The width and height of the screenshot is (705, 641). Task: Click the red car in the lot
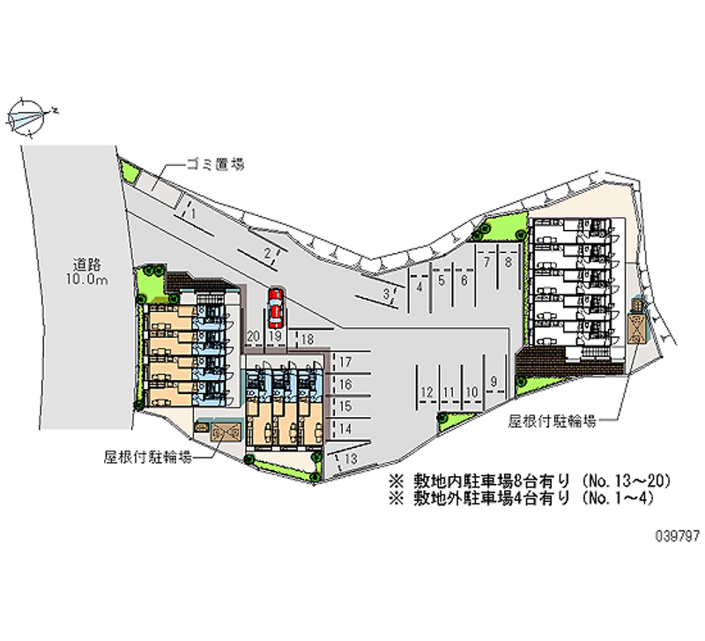tap(275, 306)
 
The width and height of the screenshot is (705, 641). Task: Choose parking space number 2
tap(265, 254)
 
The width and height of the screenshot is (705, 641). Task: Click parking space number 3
tap(386, 294)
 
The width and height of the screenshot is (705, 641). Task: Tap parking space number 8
tap(508, 262)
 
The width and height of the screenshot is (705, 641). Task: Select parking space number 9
tap(495, 381)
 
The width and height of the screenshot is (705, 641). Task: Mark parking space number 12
tap(427, 391)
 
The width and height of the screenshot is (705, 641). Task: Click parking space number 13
tap(351, 458)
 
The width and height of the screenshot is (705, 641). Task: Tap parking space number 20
tap(253, 337)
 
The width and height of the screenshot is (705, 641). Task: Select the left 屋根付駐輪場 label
tap(147, 457)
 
